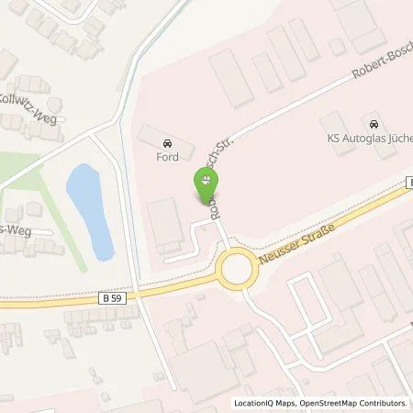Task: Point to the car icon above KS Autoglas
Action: [x=372, y=124]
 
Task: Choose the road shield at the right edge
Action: [x=408, y=184]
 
